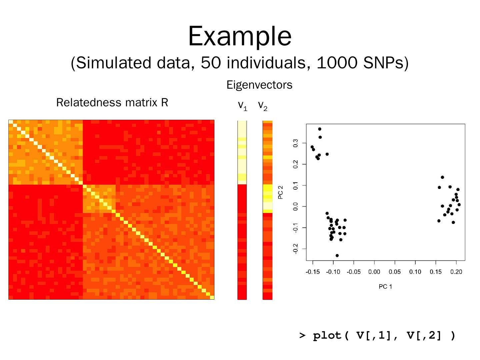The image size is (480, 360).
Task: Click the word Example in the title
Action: (x=240, y=36)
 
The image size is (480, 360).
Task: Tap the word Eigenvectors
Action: (x=259, y=85)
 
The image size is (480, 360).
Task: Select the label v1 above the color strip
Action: (x=242, y=106)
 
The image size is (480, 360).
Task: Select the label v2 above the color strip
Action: (x=263, y=106)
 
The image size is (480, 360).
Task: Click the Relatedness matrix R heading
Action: (x=112, y=102)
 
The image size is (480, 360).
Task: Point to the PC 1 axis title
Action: (x=385, y=286)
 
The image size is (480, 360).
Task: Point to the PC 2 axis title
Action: (x=280, y=193)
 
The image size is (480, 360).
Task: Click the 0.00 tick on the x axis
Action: (x=374, y=272)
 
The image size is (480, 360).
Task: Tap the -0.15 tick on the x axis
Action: (x=312, y=272)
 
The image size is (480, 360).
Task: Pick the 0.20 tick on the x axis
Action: (x=456, y=272)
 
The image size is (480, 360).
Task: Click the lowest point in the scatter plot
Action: (x=337, y=256)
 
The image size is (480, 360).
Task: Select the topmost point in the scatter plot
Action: (x=320, y=129)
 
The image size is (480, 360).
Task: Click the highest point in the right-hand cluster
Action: (x=442, y=177)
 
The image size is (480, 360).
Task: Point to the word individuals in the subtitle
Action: (x=266, y=63)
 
